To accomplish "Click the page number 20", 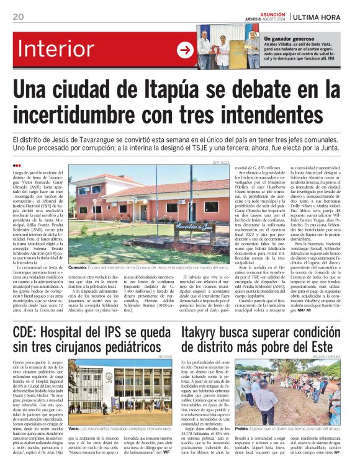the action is [x=17, y=17].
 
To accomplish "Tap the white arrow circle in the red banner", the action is [x=186, y=50].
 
